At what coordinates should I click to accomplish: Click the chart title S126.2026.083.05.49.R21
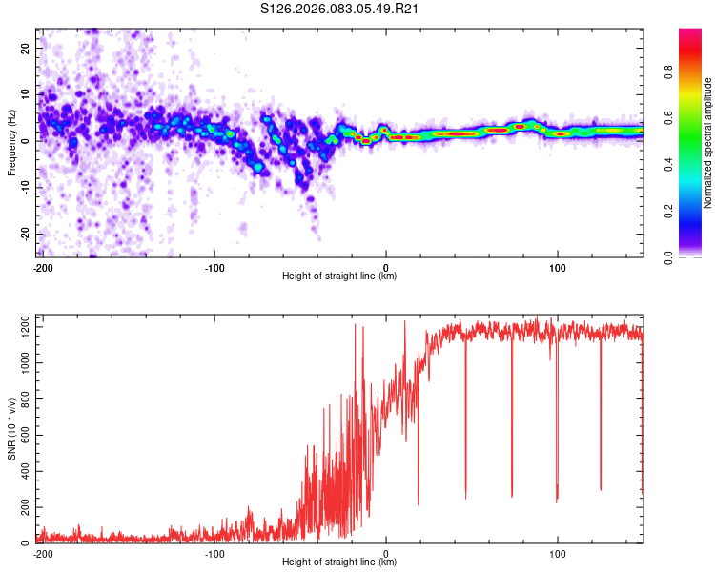click(x=340, y=10)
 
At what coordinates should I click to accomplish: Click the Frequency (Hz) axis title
click(x=11, y=144)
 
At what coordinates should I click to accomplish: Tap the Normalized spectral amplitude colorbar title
click(x=708, y=143)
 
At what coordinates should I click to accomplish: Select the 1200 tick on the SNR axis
click(x=21, y=327)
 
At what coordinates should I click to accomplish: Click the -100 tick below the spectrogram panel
click(x=214, y=266)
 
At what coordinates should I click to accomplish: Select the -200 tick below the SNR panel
click(x=43, y=553)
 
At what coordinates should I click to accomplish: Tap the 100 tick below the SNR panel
click(x=557, y=553)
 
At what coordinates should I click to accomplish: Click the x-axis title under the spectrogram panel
click(x=339, y=276)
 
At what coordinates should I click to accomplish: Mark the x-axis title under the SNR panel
click(x=339, y=562)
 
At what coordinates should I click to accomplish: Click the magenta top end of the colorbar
click(x=690, y=33)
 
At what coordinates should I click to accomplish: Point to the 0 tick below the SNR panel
click(x=386, y=553)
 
